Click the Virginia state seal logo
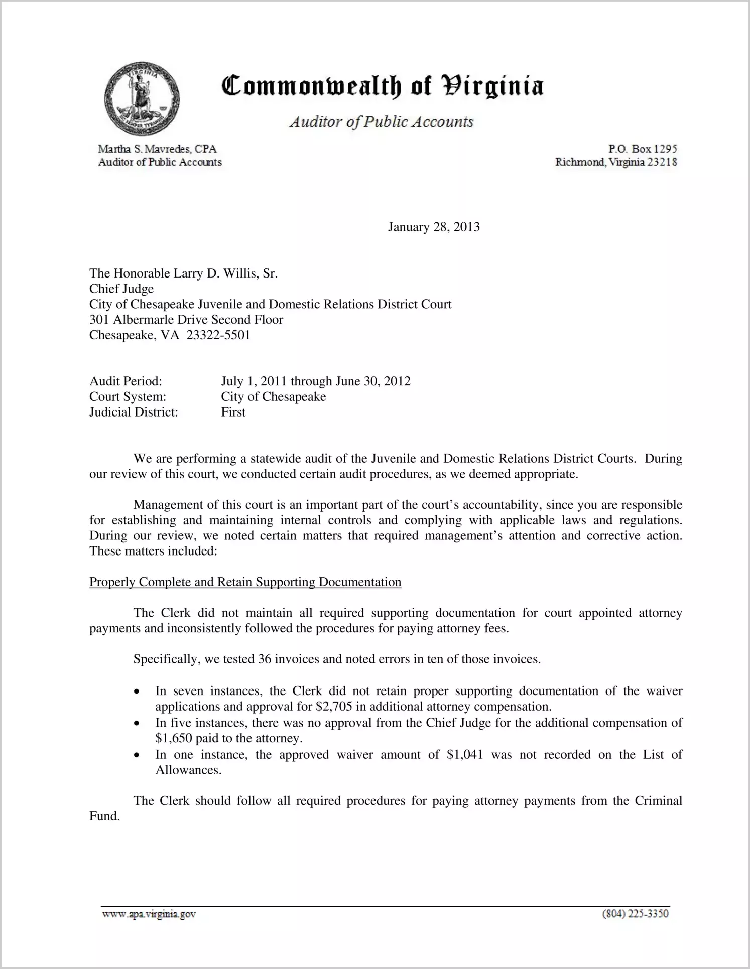[142, 99]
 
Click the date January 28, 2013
[434, 227]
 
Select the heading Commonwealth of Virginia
[382, 86]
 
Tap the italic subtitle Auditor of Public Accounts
[382, 122]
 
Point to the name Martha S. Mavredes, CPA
[157, 149]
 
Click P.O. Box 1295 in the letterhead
[643, 149]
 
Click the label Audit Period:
[126, 381]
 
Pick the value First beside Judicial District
[233, 412]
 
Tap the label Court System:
[128, 397]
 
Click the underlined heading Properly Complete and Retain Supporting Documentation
[245, 582]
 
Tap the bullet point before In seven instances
[137, 691]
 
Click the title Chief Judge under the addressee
[121, 289]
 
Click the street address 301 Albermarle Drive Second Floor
[186, 320]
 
